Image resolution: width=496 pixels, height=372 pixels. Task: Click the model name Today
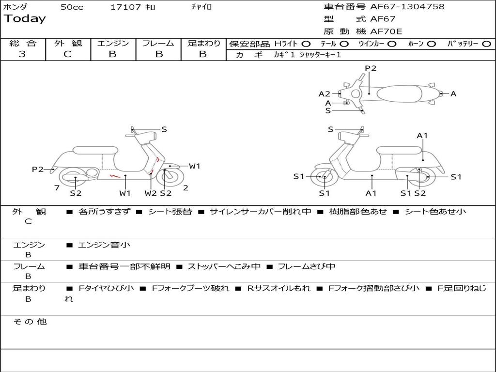(x=25, y=18)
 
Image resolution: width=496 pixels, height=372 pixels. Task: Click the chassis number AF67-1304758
(x=407, y=6)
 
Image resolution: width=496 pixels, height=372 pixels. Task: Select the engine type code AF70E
(x=386, y=31)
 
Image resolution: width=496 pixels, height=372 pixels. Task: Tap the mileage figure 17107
(x=125, y=7)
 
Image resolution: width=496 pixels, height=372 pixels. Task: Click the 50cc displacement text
(x=72, y=7)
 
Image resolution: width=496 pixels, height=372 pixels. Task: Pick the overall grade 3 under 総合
(x=22, y=54)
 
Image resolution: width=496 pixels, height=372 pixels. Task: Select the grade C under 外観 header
(x=67, y=54)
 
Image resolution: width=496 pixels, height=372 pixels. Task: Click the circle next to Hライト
(x=306, y=44)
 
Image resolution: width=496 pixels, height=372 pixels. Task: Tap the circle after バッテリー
(x=486, y=44)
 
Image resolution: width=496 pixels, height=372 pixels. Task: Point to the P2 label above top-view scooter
(x=371, y=68)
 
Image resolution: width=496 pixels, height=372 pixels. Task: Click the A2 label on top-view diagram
(x=324, y=94)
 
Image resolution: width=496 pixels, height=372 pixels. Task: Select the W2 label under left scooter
(x=151, y=193)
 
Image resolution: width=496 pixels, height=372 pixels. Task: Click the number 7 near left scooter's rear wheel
(x=57, y=188)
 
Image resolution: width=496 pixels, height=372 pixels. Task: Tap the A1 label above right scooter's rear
(x=422, y=136)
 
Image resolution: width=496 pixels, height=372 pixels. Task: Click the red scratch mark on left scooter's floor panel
(x=115, y=175)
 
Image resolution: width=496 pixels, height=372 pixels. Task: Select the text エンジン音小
(x=104, y=245)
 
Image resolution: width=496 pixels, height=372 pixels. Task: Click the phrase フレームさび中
(x=306, y=267)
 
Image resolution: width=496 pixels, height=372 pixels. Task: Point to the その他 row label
(x=30, y=322)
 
